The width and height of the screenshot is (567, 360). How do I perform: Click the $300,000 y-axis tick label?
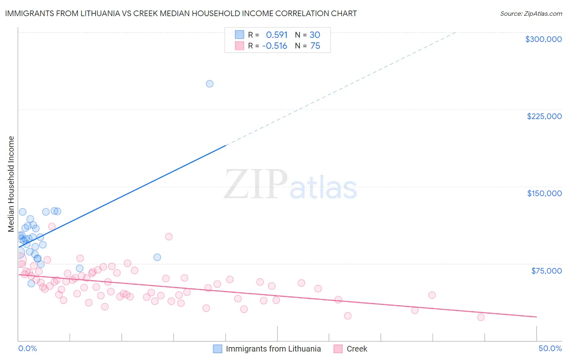(543, 39)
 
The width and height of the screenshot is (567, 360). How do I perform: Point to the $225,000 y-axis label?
(544, 116)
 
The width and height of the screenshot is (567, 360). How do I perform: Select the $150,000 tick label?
(544, 193)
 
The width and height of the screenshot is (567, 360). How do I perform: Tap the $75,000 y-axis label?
(546, 270)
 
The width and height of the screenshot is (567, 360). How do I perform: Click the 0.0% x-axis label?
(28, 348)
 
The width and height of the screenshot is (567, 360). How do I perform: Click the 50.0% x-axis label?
(550, 348)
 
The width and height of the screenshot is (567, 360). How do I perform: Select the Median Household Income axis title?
(11, 184)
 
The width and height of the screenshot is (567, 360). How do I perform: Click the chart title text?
(181, 13)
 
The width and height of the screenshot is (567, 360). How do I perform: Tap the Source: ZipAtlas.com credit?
(531, 13)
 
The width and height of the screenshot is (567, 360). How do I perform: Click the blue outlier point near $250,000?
(210, 84)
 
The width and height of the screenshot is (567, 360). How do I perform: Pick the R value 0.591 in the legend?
(277, 35)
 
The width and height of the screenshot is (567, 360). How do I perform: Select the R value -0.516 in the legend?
(275, 46)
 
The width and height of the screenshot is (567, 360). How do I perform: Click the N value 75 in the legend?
(315, 46)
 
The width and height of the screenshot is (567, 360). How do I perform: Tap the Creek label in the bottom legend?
(357, 349)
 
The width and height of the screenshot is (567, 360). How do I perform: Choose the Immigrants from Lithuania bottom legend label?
(273, 349)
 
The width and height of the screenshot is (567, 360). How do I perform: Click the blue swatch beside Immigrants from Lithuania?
(218, 349)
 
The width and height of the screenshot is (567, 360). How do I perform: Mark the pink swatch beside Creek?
(338, 349)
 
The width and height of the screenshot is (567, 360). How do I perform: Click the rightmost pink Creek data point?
(481, 317)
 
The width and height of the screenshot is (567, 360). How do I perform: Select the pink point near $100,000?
(169, 237)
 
